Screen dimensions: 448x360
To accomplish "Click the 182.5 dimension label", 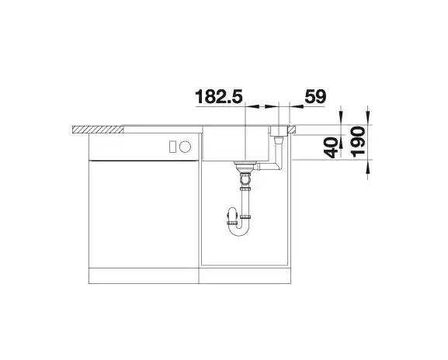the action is coord(219,96).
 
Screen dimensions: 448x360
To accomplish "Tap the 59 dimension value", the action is coord(315,96).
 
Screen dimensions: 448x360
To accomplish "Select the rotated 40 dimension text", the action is coord(331,147).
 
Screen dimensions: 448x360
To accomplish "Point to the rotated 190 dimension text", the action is coord(358,142).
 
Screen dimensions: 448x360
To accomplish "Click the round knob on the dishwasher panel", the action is coord(185,147).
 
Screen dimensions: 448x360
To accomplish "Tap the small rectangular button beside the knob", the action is coord(173,147).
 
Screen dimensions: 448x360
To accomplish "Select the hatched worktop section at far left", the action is coord(98,130).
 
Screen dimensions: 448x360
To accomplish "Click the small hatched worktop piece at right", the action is coord(292,130).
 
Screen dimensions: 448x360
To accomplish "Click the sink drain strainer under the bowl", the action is coord(244,164).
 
